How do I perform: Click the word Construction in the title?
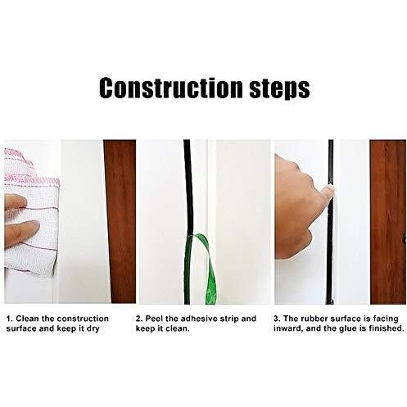coord(170,87)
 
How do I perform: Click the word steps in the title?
coord(279,88)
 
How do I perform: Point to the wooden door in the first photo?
coord(120,221)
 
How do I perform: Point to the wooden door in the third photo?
coord(388,222)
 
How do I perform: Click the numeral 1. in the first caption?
coord(10,319)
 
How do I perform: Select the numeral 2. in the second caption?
coord(139,319)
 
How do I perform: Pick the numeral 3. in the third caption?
coord(277,319)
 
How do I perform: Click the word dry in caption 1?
coord(93,328)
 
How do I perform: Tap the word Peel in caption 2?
coord(154,319)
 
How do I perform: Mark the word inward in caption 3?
coord(288,328)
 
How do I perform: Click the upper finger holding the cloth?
coord(16,201)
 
